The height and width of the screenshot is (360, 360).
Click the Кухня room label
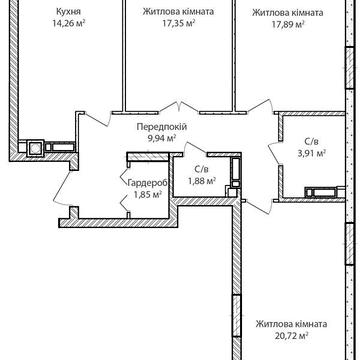[x=68, y=12]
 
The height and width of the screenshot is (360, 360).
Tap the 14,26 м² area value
[x=68, y=24]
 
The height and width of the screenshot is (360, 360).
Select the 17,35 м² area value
[x=178, y=23]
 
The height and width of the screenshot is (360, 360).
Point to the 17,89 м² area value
[x=287, y=24]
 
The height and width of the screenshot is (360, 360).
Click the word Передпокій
[x=162, y=127]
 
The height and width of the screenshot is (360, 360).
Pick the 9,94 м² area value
[x=162, y=138]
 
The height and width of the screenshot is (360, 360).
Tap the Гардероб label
[x=148, y=182]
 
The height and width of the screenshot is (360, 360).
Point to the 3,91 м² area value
[x=310, y=153]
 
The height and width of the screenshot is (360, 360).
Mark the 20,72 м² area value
[x=291, y=335]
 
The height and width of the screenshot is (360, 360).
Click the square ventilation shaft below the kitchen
[x=35, y=148]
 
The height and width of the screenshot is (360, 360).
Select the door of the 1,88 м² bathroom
[x=195, y=148]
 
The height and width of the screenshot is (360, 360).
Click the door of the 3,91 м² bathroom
[x=275, y=153]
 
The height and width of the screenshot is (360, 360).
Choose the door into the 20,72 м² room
[x=260, y=207]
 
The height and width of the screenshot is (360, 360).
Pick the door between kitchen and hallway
[x=98, y=119]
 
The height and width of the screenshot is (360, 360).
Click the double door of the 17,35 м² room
[x=180, y=107]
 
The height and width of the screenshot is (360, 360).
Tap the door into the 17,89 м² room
[x=261, y=108]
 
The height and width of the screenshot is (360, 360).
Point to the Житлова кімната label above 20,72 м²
[x=291, y=324]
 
